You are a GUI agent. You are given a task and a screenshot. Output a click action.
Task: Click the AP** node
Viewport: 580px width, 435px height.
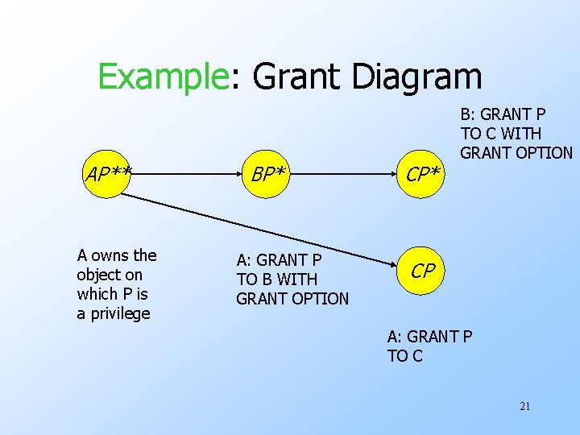[x=110, y=172]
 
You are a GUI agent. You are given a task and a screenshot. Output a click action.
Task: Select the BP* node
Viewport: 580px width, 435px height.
[x=269, y=173]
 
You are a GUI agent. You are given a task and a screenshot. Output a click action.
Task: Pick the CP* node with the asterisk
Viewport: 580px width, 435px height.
[x=424, y=173]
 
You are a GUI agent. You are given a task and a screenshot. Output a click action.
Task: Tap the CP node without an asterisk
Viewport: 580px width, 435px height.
[x=424, y=271]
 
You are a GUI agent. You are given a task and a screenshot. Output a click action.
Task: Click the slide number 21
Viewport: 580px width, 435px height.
[x=524, y=406]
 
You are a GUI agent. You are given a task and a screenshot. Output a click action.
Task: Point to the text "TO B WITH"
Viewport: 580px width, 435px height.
[x=277, y=280]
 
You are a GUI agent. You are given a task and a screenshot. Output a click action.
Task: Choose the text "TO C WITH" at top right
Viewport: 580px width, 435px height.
[x=501, y=133]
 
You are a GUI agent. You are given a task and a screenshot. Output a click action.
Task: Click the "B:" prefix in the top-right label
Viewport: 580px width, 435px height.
[x=470, y=114]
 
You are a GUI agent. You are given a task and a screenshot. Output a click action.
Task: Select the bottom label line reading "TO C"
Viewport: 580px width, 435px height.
[x=404, y=356]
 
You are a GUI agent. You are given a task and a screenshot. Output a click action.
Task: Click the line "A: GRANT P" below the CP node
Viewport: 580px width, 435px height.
[x=429, y=337]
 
